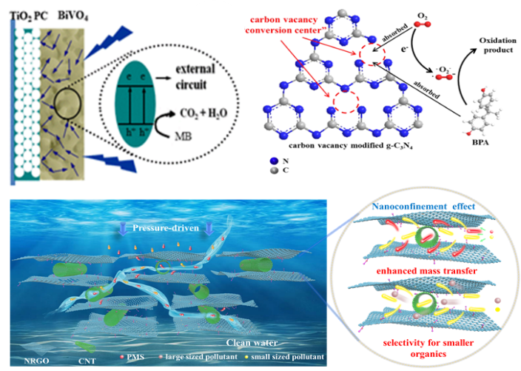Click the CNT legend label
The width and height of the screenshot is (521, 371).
point(85,359)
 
